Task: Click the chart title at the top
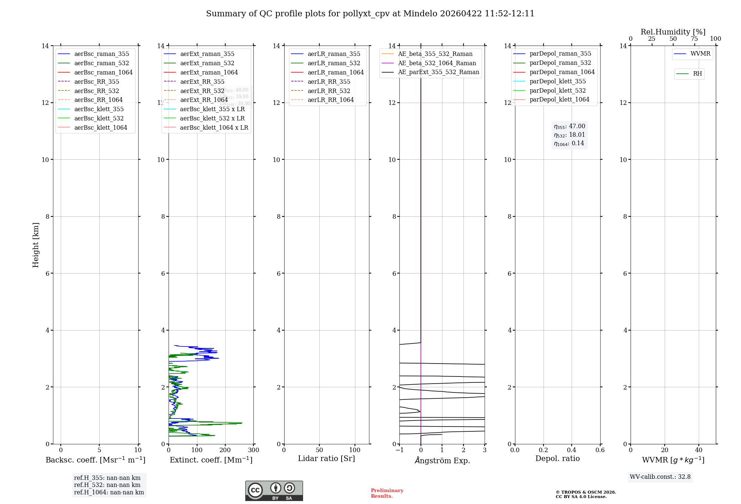pyautogui.click(x=370, y=14)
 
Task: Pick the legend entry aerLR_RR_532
pyautogui.click(x=329, y=91)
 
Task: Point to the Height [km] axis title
pyautogui.click(x=36, y=245)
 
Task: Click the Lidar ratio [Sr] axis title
pyautogui.click(x=326, y=459)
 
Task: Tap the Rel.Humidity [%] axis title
pyautogui.click(x=673, y=32)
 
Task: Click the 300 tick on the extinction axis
pyautogui.click(x=253, y=450)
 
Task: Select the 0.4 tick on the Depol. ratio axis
pyautogui.click(x=572, y=450)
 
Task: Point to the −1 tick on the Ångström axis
pyautogui.click(x=399, y=450)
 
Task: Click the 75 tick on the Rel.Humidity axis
pyautogui.click(x=694, y=39)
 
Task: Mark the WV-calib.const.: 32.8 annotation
pyautogui.click(x=660, y=477)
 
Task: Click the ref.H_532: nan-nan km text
pyautogui.click(x=107, y=485)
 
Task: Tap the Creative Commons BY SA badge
pyautogui.click(x=274, y=491)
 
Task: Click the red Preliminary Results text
pyautogui.click(x=387, y=493)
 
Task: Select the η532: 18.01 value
pyautogui.click(x=569, y=135)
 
